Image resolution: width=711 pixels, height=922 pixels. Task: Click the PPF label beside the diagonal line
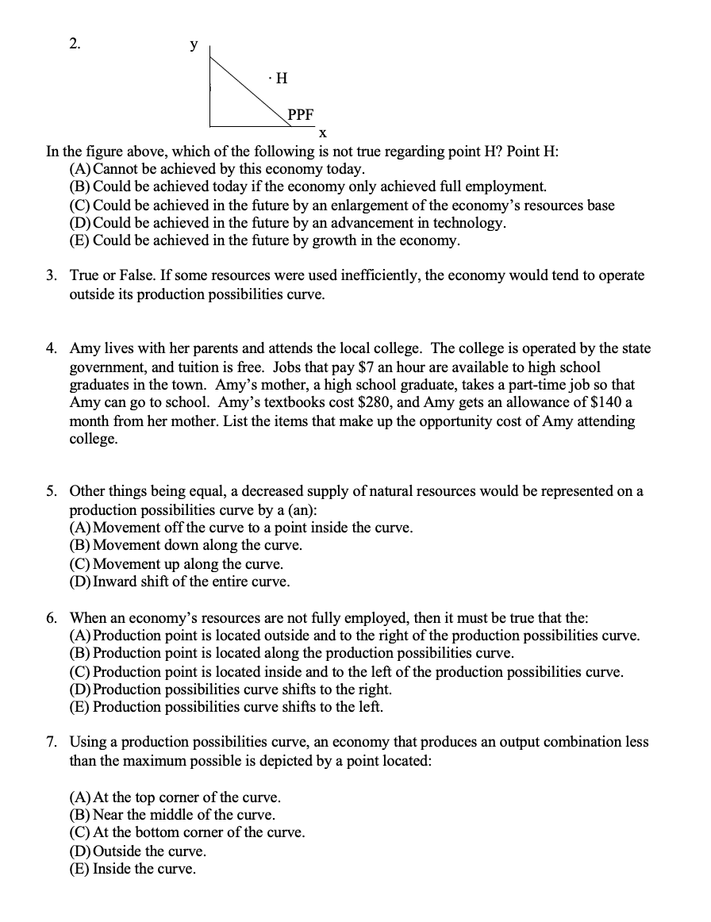tap(301, 113)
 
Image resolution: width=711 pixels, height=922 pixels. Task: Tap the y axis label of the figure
tap(193, 46)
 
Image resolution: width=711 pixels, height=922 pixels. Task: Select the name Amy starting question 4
tap(83, 348)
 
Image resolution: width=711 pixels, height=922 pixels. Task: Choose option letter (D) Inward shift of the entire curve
tap(81, 582)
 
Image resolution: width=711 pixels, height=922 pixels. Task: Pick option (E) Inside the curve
tap(81, 869)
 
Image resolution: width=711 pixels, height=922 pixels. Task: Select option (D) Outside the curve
tap(81, 851)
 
